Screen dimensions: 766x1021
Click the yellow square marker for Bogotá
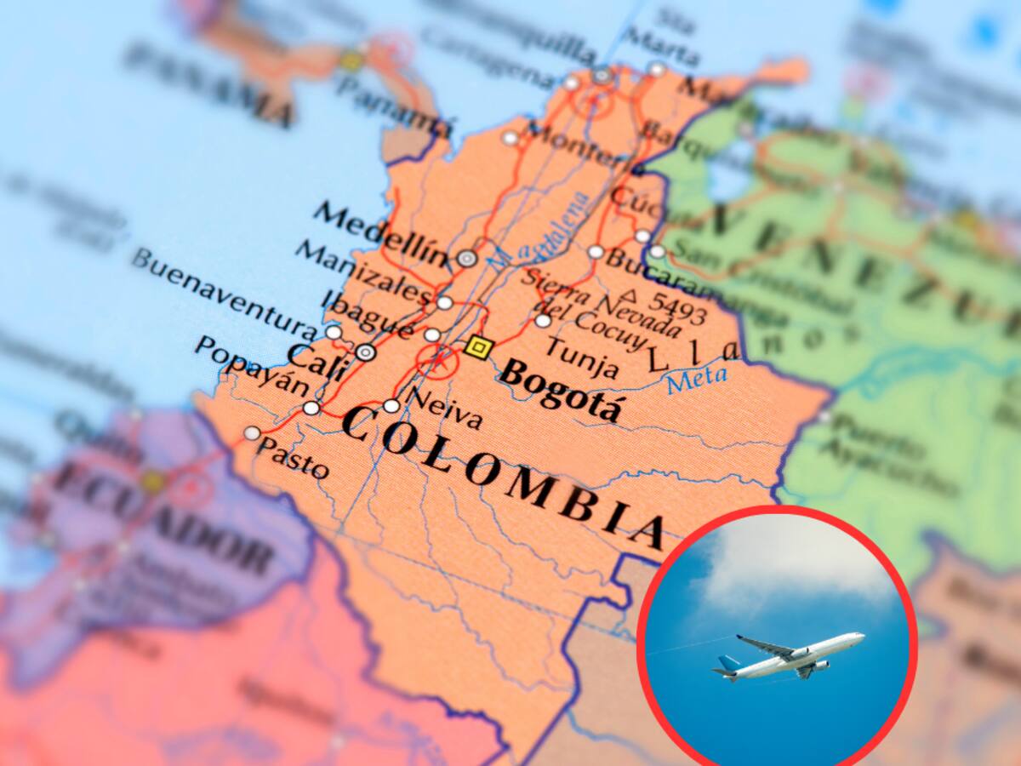pyautogui.click(x=479, y=347)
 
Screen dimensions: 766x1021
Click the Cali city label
pyautogui.click(x=317, y=361)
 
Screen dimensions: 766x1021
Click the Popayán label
pyautogui.click(x=251, y=366)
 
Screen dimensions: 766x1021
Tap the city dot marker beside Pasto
pyautogui.click(x=252, y=433)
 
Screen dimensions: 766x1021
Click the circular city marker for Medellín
pyautogui.click(x=466, y=259)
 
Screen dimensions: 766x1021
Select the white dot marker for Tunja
pyautogui.click(x=543, y=321)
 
